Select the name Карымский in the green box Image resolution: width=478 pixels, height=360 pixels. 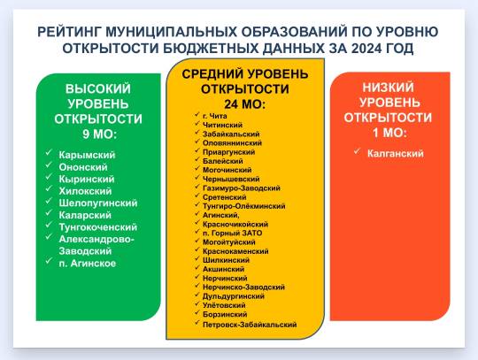click(x=87, y=155)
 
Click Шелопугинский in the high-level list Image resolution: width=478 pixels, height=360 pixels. click(x=98, y=203)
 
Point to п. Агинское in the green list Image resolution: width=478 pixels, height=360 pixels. click(x=87, y=264)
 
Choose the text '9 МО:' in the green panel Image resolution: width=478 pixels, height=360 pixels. click(x=100, y=134)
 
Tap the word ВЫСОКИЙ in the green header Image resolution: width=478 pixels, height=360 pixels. click(x=98, y=89)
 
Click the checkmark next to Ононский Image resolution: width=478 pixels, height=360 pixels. click(x=49, y=165)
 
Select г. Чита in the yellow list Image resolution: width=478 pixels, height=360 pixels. click(x=214, y=116)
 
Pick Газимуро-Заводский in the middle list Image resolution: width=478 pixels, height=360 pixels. click(x=241, y=188)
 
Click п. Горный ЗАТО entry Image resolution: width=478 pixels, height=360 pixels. click(x=232, y=234)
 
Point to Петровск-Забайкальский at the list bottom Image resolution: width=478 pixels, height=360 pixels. click(x=250, y=325)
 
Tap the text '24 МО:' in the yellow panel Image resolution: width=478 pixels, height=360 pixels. click(x=245, y=104)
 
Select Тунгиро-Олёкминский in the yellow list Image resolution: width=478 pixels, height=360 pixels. click(x=244, y=206)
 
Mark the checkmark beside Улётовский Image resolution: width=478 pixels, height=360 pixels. click(x=197, y=303)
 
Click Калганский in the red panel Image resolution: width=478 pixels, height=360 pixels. click(x=396, y=153)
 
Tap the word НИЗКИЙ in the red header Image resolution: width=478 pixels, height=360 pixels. click(x=388, y=88)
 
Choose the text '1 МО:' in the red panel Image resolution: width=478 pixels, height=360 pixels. click(x=389, y=133)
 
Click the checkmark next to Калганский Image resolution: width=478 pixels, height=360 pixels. click(x=358, y=151)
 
